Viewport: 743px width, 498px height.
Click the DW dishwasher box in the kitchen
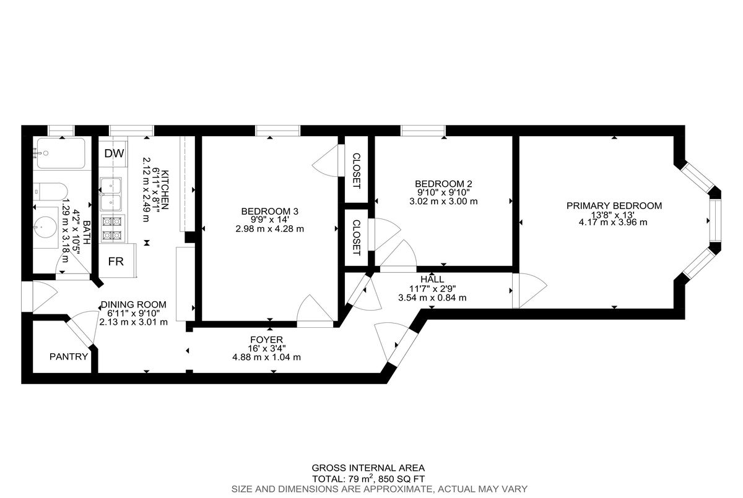click(115, 153)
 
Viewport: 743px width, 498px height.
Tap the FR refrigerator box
click(116, 261)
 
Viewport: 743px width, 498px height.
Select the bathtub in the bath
click(60, 153)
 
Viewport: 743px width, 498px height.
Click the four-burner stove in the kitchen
click(113, 228)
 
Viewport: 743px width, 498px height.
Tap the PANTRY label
click(69, 356)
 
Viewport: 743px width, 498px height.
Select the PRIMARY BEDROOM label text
click(614, 206)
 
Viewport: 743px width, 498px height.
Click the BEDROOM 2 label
click(443, 184)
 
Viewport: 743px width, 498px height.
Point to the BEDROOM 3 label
click(269, 212)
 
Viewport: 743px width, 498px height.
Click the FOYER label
click(266, 340)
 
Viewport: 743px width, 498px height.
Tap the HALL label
click(432, 280)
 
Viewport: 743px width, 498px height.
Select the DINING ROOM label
click(134, 304)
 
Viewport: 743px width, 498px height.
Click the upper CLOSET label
click(356, 170)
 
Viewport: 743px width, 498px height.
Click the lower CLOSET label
click(356, 238)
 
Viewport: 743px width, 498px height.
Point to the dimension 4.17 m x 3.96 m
click(614, 223)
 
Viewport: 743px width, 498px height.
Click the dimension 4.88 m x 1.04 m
click(266, 357)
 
